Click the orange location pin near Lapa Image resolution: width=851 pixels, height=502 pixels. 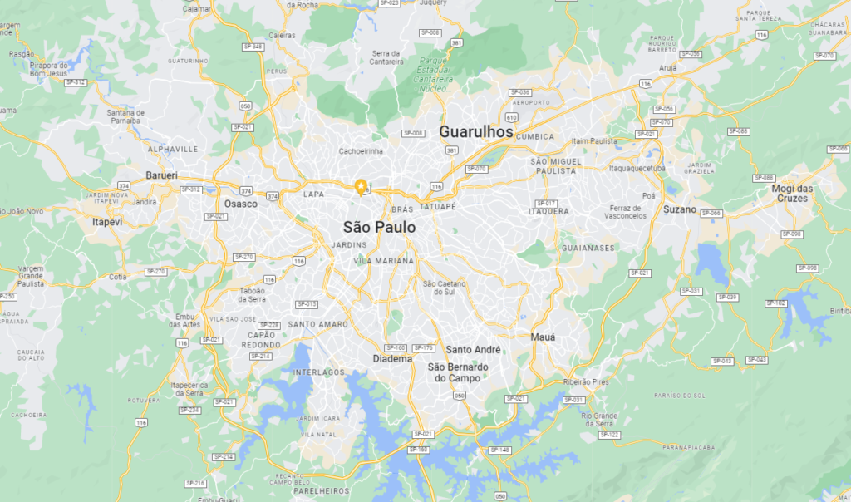coord(361,186)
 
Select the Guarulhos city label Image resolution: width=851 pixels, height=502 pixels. coord(475,131)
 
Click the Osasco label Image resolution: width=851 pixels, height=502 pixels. coord(241,204)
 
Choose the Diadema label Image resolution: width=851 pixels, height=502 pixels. coord(392,359)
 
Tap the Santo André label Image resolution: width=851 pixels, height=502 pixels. coord(473,350)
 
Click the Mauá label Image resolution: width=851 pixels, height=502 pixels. coord(543,337)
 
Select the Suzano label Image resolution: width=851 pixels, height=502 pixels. coord(679,209)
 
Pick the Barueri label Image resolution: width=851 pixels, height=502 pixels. coord(162,175)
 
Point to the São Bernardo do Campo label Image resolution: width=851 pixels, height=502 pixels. coord(457,372)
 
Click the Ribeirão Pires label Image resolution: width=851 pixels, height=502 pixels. coord(587,381)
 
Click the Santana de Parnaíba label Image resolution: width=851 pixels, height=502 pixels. coord(127,116)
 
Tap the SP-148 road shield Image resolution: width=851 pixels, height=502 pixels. coord(499,450)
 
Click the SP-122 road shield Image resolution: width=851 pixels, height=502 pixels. coord(609,435)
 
